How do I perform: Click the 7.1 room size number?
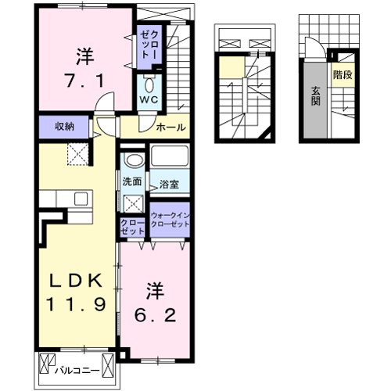click(x=85, y=81)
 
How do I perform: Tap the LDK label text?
click(x=76, y=281)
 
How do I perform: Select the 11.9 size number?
click(x=76, y=304)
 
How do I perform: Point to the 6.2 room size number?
click(x=156, y=315)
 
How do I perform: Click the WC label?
click(x=149, y=99)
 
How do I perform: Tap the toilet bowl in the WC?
click(x=149, y=84)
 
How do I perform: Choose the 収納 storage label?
click(x=64, y=127)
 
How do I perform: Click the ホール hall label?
click(x=170, y=127)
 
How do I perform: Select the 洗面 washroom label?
click(x=132, y=181)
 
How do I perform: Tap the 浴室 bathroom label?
click(x=169, y=185)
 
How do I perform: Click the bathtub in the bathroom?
click(x=170, y=156)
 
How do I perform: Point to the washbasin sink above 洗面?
click(x=135, y=160)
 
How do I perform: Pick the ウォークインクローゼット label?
click(x=170, y=220)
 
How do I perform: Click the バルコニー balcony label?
click(x=77, y=371)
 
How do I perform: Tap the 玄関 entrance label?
click(x=316, y=96)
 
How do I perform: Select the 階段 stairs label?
click(x=343, y=75)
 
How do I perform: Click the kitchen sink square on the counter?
click(x=81, y=199)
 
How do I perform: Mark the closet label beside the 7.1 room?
click(x=149, y=45)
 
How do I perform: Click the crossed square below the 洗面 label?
click(x=133, y=203)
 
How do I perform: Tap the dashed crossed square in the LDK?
click(x=78, y=154)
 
